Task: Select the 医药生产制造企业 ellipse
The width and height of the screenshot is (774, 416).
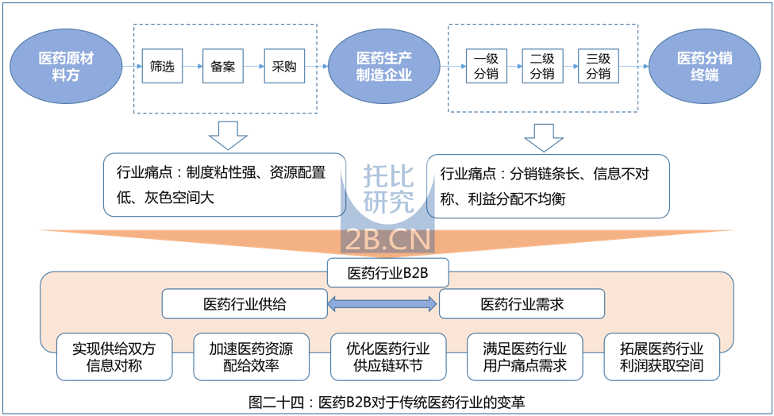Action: click(x=384, y=67)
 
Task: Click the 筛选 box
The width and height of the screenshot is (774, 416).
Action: click(x=162, y=67)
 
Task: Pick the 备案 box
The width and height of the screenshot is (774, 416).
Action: click(x=223, y=67)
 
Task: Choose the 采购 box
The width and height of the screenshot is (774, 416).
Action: click(x=283, y=67)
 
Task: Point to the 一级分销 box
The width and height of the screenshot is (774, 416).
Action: click(x=486, y=67)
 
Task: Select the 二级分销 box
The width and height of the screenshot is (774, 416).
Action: click(x=542, y=67)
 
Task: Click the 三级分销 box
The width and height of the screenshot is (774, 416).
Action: click(x=599, y=67)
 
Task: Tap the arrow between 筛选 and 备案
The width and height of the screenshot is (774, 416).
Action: click(x=192, y=67)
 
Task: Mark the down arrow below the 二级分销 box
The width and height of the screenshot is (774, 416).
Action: click(x=544, y=137)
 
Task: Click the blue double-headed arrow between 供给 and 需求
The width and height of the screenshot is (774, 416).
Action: click(x=383, y=303)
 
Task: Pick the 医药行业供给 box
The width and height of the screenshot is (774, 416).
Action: click(x=245, y=303)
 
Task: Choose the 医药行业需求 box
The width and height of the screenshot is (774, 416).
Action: click(x=522, y=303)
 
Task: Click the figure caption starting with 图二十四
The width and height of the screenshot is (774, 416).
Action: click(x=387, y=402)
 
